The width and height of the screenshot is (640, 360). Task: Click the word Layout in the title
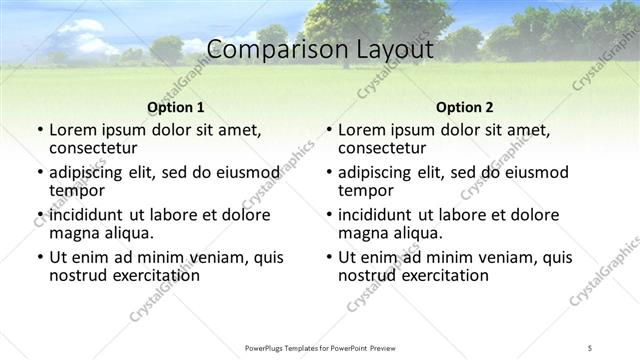pos(394,49)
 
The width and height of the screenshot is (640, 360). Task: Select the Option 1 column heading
pos(175,107)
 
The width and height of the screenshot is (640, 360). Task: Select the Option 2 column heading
pos(464,107)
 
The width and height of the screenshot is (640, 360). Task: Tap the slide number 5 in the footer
pos(591,347)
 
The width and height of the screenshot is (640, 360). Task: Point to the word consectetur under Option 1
pos(95,149)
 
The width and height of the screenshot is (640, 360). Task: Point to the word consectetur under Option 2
pos(384,149)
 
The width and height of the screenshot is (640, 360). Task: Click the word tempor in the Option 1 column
pos(77,191)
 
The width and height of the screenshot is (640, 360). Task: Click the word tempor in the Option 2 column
pos(366,191)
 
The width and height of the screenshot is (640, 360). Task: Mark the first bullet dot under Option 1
pos(39,131)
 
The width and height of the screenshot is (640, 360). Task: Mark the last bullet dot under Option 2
pos(328,257)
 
